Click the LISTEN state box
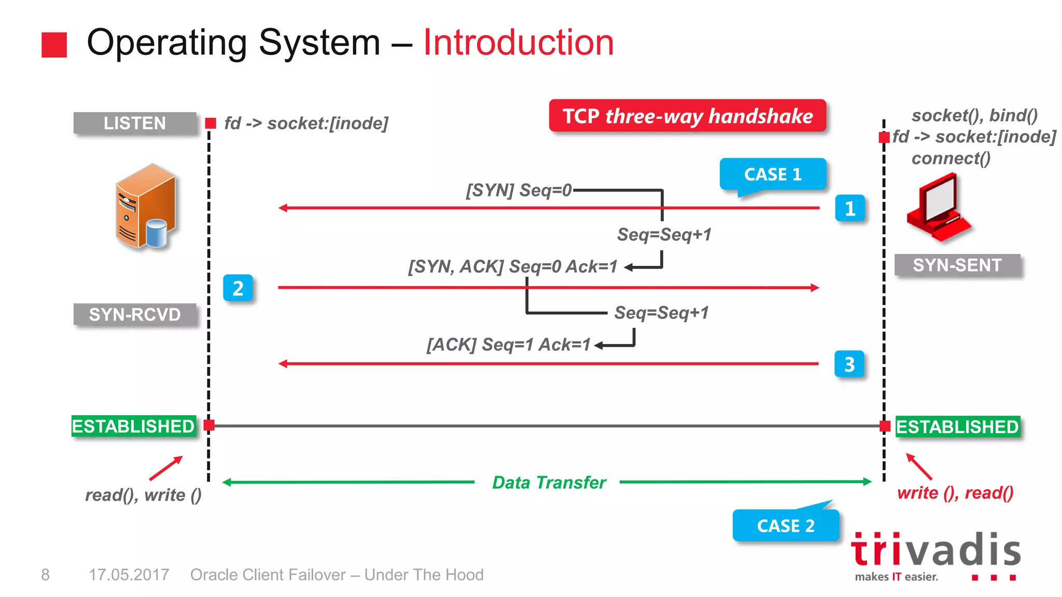[135, 123]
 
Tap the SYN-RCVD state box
[135, 315]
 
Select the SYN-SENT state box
[957, 265]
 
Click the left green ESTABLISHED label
[133, 427]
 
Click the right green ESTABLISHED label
[957, 427]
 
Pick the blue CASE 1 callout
[773, 175]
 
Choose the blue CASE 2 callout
[786, 525]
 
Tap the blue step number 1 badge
[849, 208]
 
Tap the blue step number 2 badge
[238, 288]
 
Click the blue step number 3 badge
[849, 364]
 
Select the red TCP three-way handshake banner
[687, 116]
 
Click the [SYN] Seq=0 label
[518, 190]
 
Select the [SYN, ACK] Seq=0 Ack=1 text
[512, 266]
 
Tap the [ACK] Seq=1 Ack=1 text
[508, 345]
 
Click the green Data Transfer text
[549, 482]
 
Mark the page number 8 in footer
[46, 574]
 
